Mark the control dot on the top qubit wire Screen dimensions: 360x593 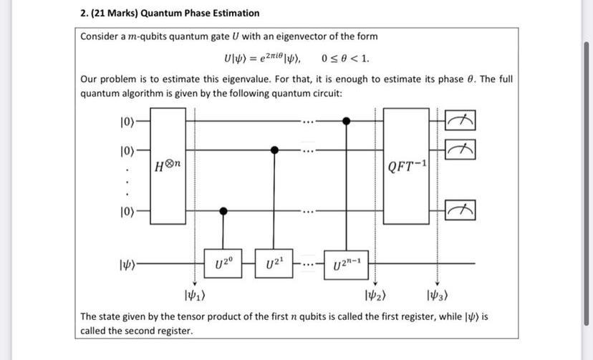347,122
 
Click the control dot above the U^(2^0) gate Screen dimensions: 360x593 223,211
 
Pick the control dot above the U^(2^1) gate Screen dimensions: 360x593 274,150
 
